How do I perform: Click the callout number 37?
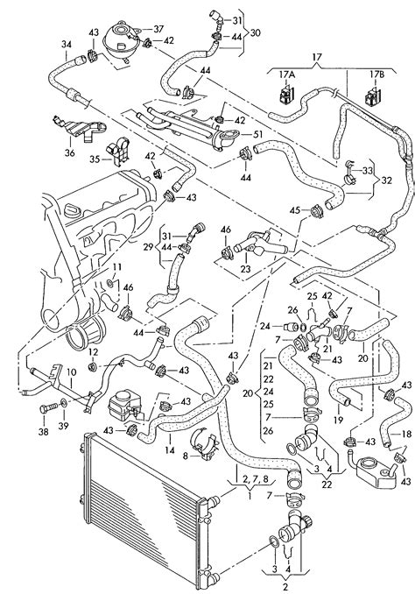158,29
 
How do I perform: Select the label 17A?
286,74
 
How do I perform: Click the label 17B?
376,74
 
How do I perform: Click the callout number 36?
70,153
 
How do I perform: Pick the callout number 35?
95,159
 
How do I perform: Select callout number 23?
246,269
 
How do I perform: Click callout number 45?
295,210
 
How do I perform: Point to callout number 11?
117,267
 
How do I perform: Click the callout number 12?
94,352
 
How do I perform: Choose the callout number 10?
71,372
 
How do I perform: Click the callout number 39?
63,426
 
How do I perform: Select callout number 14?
170,449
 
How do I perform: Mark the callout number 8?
185,456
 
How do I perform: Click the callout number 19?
338,420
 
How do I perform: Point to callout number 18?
406,434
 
